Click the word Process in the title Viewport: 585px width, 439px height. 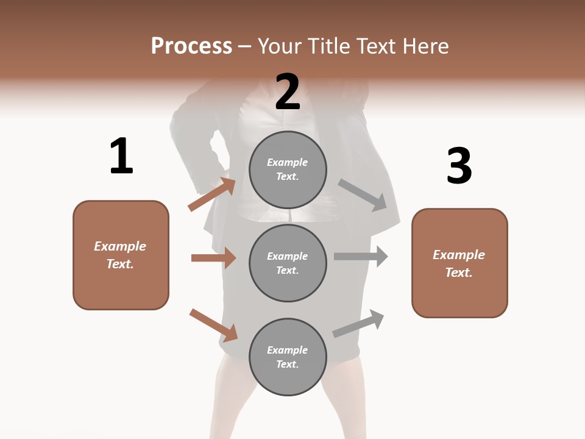(191, 46)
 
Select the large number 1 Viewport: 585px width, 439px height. (121, 156)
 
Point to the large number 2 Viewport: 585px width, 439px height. (288, 91)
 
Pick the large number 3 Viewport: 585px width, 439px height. (459, 166)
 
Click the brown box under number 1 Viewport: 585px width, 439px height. (121, 255)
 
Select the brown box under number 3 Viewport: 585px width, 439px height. (459, 263)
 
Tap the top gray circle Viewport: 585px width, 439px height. (288, 170)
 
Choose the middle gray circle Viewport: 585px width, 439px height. (288, 263)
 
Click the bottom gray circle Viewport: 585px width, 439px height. (288, 357)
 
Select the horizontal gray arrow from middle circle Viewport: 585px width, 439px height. (360, 257)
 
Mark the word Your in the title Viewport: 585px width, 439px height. (280, 46)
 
